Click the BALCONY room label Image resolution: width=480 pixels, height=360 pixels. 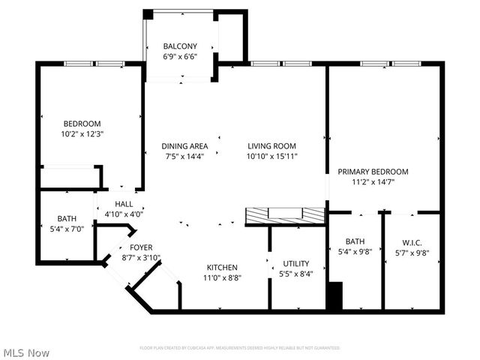point(180,46)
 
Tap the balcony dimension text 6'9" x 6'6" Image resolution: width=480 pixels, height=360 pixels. point(180,56)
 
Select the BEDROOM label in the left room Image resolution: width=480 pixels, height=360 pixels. point(82,124)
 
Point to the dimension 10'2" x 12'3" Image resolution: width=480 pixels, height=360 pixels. point(82,134)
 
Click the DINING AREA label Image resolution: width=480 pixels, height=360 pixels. point(184,146)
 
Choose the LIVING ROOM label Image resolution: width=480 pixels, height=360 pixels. point(271,146)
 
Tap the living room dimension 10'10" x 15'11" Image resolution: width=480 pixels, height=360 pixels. point(271,157)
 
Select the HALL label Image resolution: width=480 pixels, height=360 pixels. point(124,204)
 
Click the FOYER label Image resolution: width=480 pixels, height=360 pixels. point(141,247)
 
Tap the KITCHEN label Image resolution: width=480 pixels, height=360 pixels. point(222,267)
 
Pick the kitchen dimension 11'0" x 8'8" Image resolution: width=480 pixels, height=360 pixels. point(222,277)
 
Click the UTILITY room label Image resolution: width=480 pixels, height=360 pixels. point(296,263)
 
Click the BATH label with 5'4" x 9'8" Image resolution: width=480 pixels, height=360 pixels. point(355,241)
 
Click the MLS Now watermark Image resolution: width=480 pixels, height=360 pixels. point(26,352)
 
